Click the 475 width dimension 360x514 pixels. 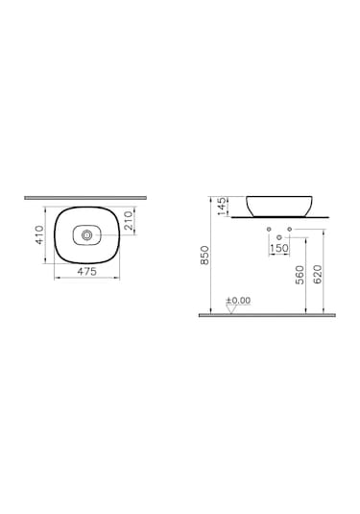pyautogui.click(x=86, y=272)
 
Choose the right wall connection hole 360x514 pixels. pyautogui.click(x=294, y=232)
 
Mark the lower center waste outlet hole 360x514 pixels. pyautogui.click(x=278, y=236)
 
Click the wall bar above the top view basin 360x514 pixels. pyautogui.click(x=86, y=197)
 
